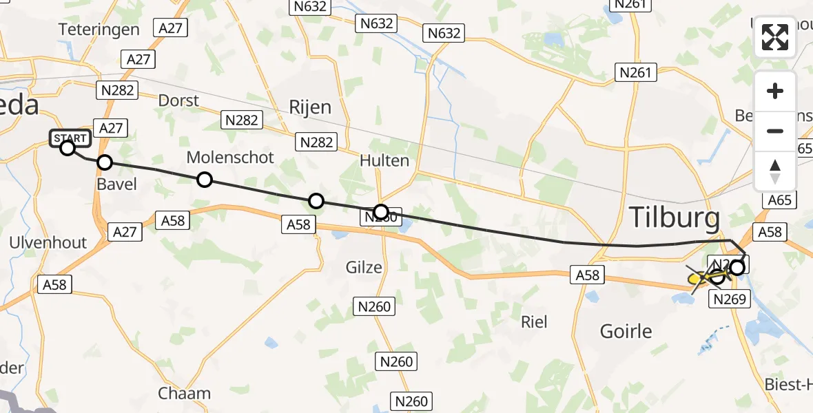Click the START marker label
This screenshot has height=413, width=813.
70,138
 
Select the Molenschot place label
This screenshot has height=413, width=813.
230,158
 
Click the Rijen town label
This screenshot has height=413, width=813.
310,107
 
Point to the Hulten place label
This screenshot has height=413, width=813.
384,161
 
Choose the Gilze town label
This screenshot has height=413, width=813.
364,267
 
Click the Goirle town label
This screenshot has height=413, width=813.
626,331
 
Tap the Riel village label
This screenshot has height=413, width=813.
535,321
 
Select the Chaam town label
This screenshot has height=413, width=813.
184,394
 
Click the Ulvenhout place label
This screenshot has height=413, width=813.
48,242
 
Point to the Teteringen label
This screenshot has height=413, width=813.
99,30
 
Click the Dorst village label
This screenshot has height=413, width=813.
178,100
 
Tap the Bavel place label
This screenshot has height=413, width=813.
116,184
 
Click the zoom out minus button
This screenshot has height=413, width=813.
775,131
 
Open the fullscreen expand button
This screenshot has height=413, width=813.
775,37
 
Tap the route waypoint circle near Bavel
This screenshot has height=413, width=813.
104,162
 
